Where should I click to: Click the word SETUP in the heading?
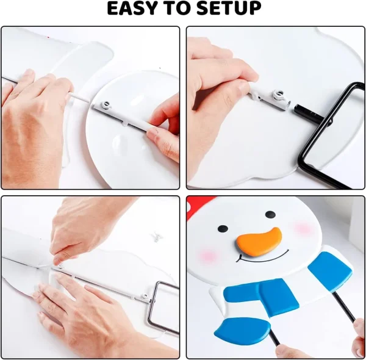click(229, 9)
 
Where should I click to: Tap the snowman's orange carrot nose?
click(260, 241)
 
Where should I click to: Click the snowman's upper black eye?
click(270, 214)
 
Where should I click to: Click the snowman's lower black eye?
click(223, 229)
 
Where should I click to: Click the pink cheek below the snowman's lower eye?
click(208, 255)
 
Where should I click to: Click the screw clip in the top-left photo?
click(106, 104)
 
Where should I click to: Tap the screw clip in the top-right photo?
click(279, 95)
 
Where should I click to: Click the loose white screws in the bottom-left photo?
click(156, 237)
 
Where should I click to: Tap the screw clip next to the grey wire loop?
click(145, 297)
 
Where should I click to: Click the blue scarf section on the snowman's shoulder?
click(330, 271)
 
